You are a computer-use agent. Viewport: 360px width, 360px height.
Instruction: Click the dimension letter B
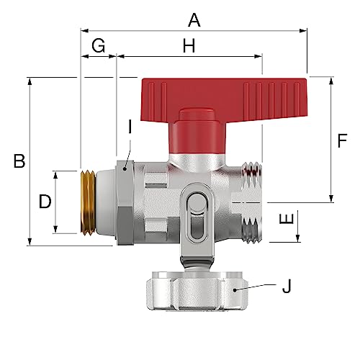point(19,161)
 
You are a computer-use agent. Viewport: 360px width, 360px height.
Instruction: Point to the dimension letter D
point(45,202)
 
